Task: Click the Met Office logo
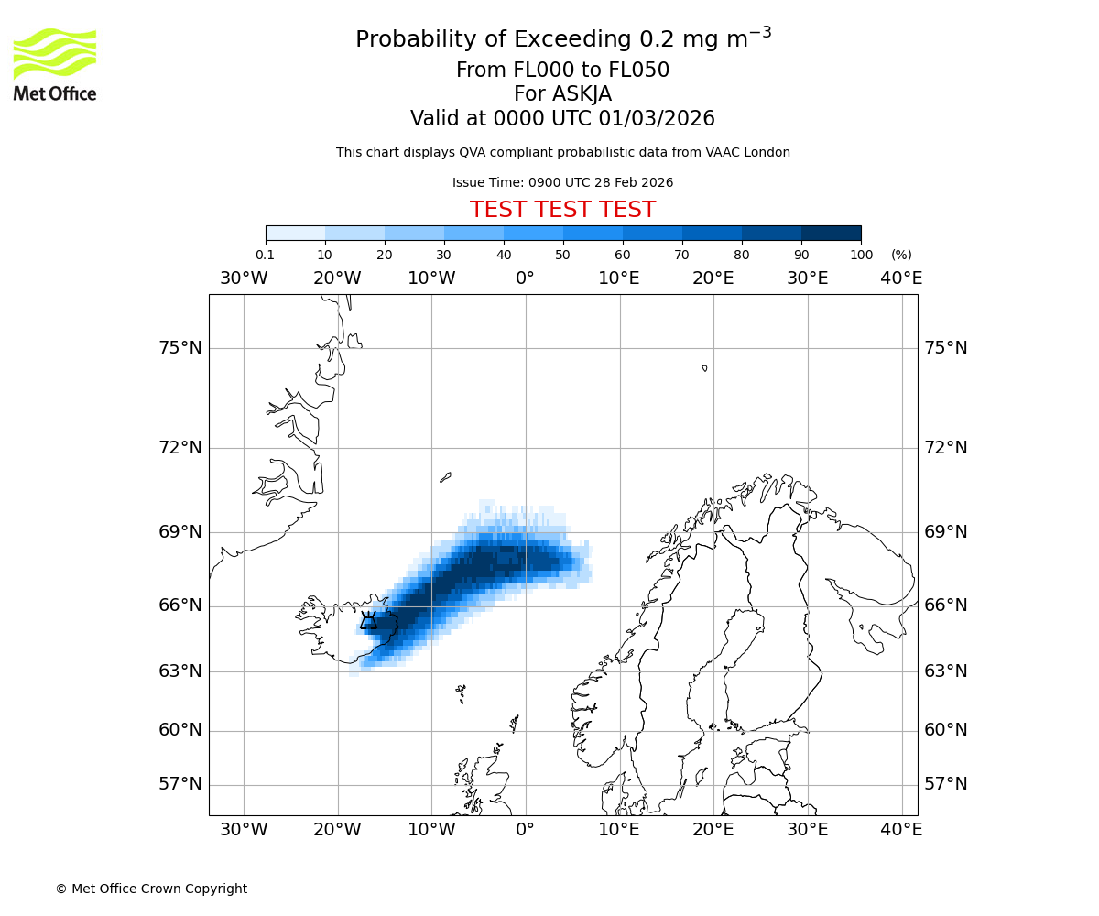pyautogui.click(x=55, y=64)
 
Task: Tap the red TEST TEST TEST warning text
pyautogui.click(x=562, y=210)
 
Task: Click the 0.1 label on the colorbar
pyautogui.click(x=265, y=255)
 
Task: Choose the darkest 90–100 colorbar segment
pyautogui.click(x=831, y=233)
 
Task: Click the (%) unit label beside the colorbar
pyautogui.click(x=901, y=255)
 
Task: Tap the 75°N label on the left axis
pyautogui.click(x=179, y=348)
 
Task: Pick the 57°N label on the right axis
pyautogui.click(x=945, y=784)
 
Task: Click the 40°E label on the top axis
pyautogui.click(x=901, y=278)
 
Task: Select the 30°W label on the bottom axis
pyautogui.click(x=244, y=830)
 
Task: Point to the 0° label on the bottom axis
pyautogui.click(x=525, y=830)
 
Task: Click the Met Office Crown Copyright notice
pyautogui.click(x=151, y=889)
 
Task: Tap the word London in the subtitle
pyautogui.click(x=768, y=152)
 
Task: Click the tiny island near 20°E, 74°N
pyautogui.click(x=704, y=368)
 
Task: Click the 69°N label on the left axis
pyautogui.click(x=179, y=532)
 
